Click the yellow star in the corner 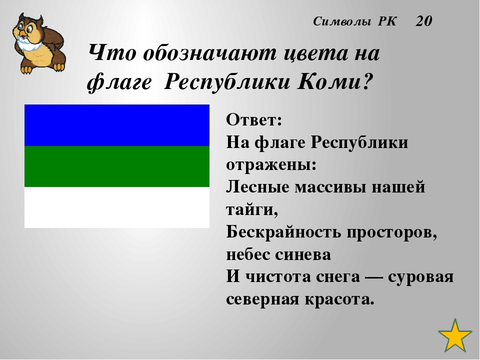pyautogui.click(x=455, y=336)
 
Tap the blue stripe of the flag pyautogui.click(x=117, y=125)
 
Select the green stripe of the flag pyautogui.click(x=117, y=166)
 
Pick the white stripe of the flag pyautogui.click(x=117, y=207)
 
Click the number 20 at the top pyautogui.click(x=424, y=21)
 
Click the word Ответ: pyautogui.click(x=254, y=119)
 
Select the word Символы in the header pyautogui.click(x=342, y=21)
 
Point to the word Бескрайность pyautogui.click(x=283, y=232)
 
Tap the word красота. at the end pyautogui.click(x=339, y=299)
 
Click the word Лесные pyautogui.click(x=258, y=187)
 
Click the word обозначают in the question pyautogui.click(x=209, y=53)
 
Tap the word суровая pyautogui.click(x=421, y=277)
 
